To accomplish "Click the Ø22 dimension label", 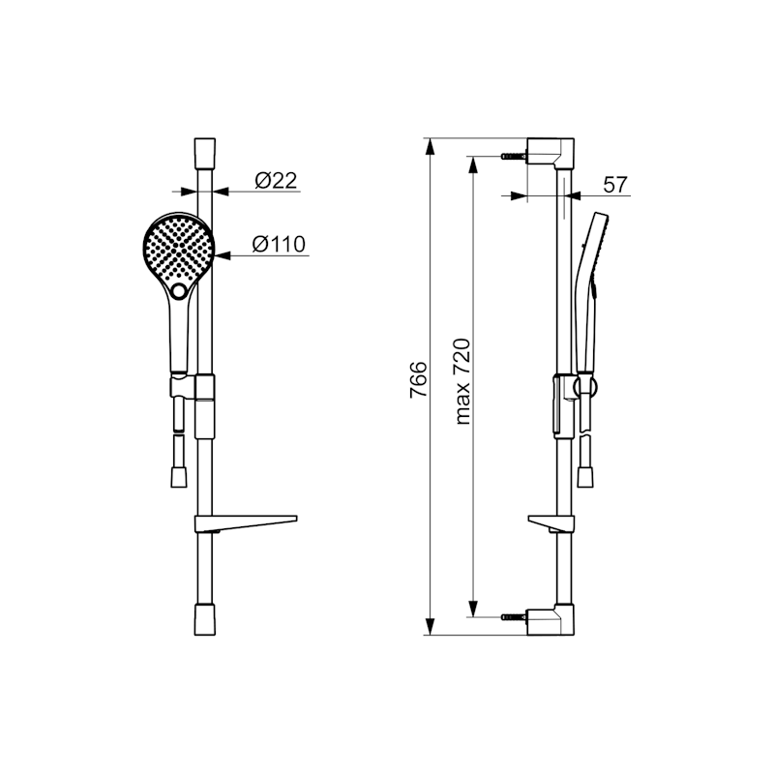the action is [x=276, y=181].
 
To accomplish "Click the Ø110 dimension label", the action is [x=279, y=244].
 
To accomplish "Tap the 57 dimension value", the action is [x=615, y=185].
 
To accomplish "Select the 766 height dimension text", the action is [x=418, y=379].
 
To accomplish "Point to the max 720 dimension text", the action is [x=462, y=381].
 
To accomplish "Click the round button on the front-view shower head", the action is [x=179, y=291].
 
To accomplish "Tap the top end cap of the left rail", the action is [x=205, y=154].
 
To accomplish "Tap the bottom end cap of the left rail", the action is [x=205, y=619].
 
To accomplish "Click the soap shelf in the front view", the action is [x=246, y=523].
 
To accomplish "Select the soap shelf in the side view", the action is [x=551, y=523].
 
